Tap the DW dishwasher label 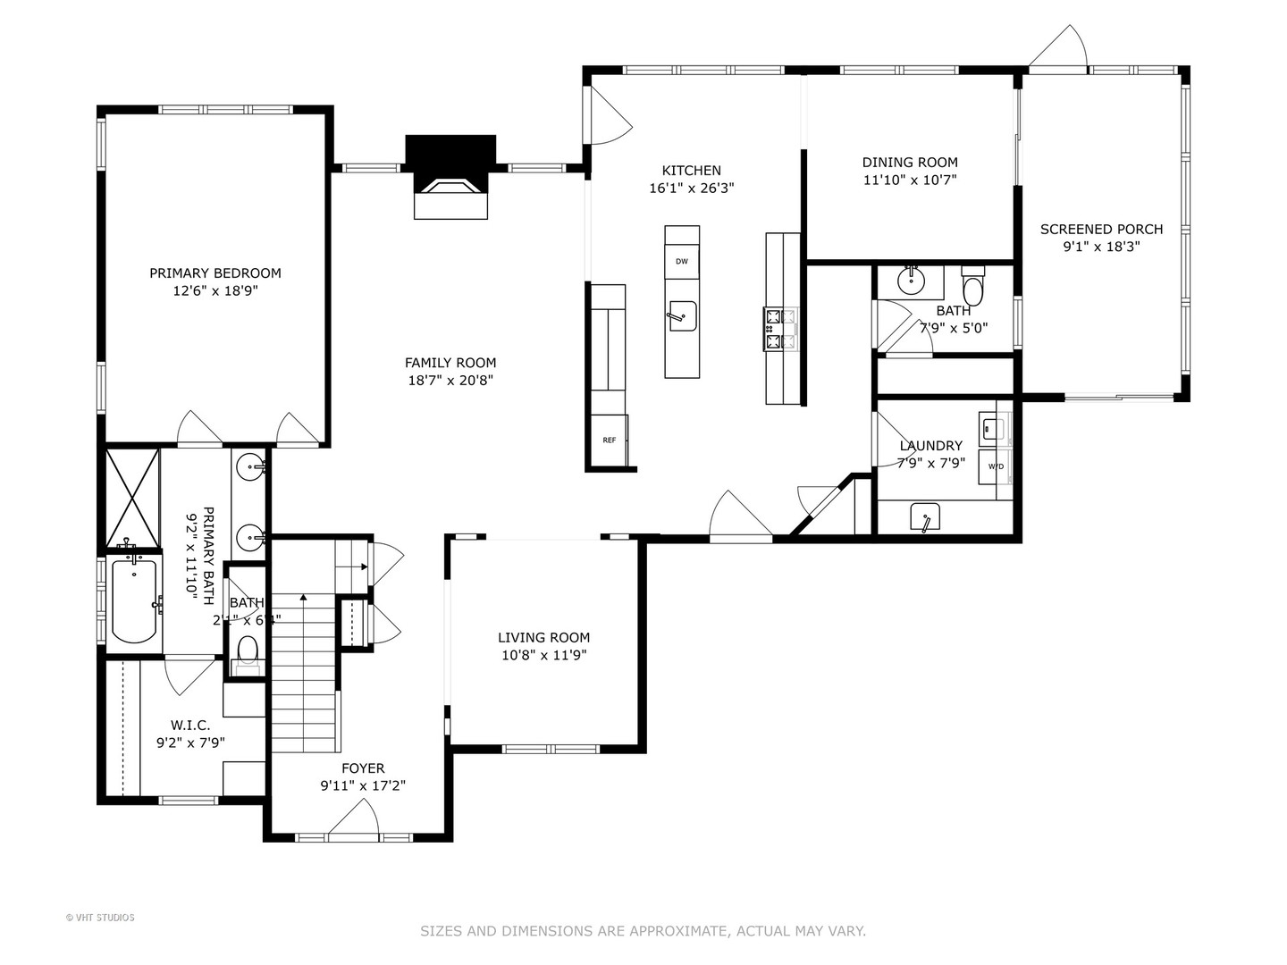(x=682, y=261)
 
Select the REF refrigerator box (x=610, y=440)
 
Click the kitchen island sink (x=682, y=315)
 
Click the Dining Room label (x=909, y=163)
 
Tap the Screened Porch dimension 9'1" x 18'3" (x=1100, y=248)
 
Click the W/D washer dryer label (x=995, y=466)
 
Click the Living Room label (x=543, y=637)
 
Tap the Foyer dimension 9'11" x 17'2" (x=363, y=786)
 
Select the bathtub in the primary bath (x=134, y=599)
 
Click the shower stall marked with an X (x=132, y=497)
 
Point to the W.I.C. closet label (x=189, y=726)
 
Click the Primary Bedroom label (x=214, y=273)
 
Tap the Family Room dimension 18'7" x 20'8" (x=450, y=381)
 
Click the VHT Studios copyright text (x=100, y=918)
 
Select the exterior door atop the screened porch (x=1058, y=50)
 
